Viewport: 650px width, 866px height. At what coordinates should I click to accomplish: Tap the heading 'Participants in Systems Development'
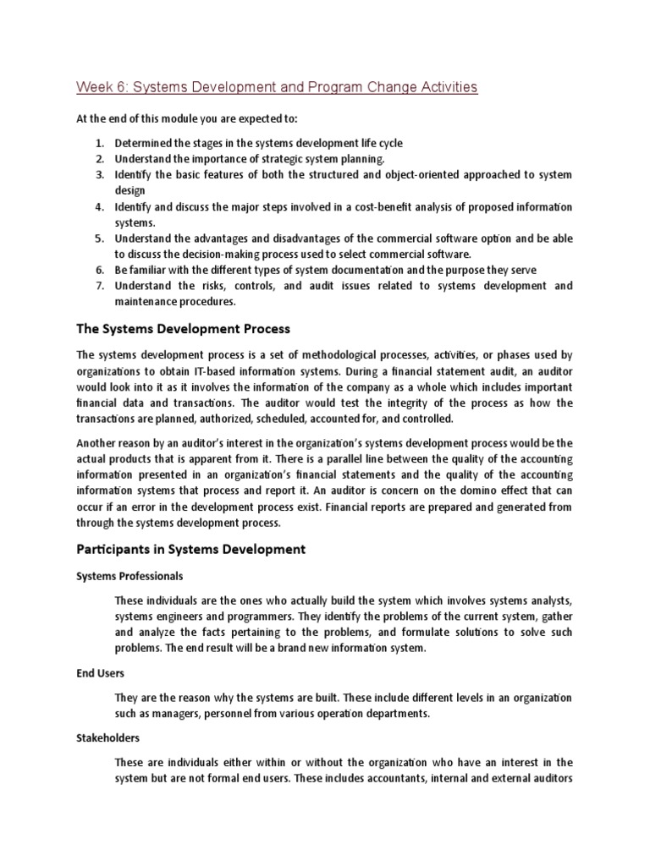[x=190, y=549]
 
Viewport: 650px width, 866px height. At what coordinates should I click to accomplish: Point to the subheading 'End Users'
[x=101, y=674]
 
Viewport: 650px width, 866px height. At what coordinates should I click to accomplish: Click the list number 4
[x=99, y=207]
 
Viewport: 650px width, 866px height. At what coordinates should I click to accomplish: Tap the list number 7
[x=99, y=286]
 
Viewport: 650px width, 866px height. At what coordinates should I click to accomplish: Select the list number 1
[x=99, y=143]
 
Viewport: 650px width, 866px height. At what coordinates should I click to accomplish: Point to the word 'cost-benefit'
[x=392, y=207]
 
